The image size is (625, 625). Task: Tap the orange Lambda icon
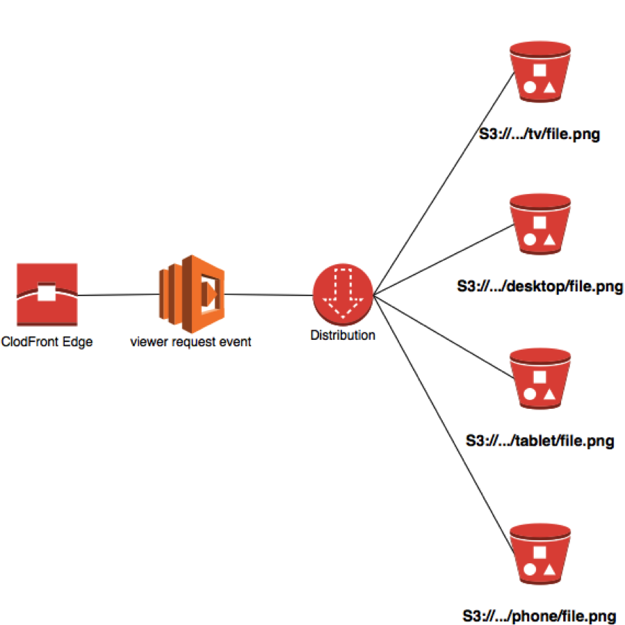click(x=190, y=293)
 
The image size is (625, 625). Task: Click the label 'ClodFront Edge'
click(x=47, y=341)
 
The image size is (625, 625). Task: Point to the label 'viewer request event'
click(x=190, y=341)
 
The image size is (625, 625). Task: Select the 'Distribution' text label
click(x=343, y=335)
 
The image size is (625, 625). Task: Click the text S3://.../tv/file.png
click(x=539, y=133)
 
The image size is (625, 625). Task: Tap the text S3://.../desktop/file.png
click(x=539, y=286)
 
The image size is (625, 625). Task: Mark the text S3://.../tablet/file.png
click(x=539, y=441)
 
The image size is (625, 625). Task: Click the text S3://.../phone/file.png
click(x=539, y=616)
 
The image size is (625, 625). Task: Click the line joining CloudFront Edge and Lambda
click(x=118, y=295)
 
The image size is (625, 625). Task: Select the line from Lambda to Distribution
click(x=268, y=295)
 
